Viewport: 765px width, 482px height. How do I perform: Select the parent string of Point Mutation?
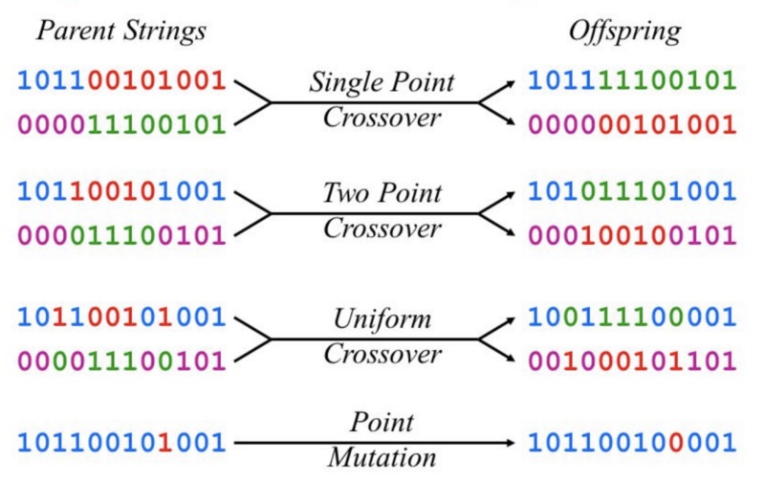coord(120,442)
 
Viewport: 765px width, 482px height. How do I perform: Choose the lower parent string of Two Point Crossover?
coord(120,234)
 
